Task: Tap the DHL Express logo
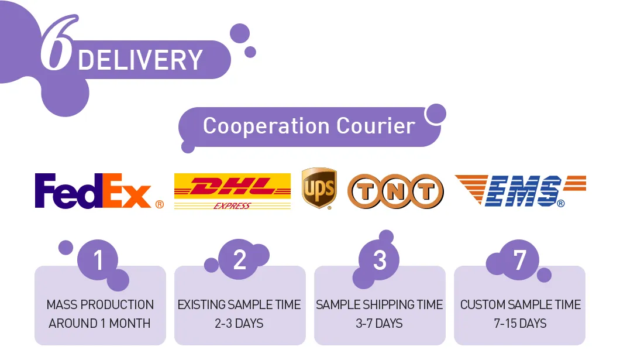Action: [232, 190]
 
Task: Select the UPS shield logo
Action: [319, 188]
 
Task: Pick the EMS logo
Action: [521, 190]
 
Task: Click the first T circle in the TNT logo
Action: [365, 192]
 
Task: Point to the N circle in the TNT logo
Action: [395, 192]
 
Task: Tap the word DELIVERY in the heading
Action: [140, 60]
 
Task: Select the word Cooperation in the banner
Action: [266, 126]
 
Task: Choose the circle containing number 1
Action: [98, 260]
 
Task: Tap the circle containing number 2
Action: [239, 260]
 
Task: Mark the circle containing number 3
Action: [380, 260]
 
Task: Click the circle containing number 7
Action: [519, 260]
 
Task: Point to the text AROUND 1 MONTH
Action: [99, 323]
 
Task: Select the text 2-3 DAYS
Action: [240, 323]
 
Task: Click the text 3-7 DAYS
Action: [380, 323]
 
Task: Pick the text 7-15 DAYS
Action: [520, 323]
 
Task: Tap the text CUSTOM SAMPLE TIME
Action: [520, 304]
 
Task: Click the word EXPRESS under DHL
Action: [232, 205]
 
